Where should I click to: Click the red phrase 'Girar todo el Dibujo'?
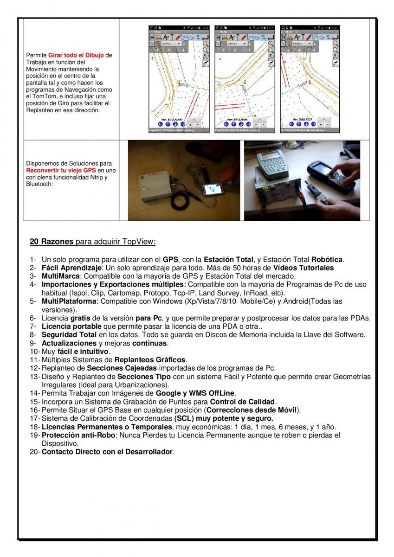tap(76, 55)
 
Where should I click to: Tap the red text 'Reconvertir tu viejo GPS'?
tap(61, 170)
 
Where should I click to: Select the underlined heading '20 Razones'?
tap(52, 242)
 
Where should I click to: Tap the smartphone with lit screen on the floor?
tap(213, 189)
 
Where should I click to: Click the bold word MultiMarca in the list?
tap(58, 276)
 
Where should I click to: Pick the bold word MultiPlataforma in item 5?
tap(69, 301)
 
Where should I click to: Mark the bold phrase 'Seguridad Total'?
tap(69, 334)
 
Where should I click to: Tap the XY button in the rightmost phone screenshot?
tap(324, 119)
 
